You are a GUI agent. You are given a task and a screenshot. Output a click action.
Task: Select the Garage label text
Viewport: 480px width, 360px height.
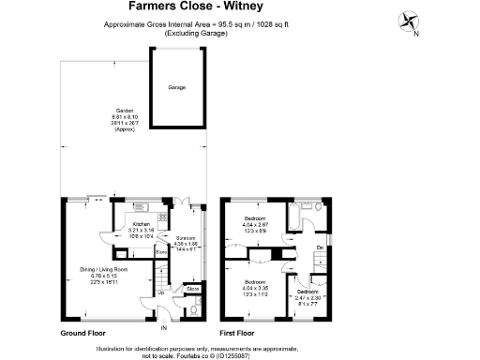(176, 87)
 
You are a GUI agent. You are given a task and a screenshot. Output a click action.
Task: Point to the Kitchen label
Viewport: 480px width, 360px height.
(142, 225)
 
